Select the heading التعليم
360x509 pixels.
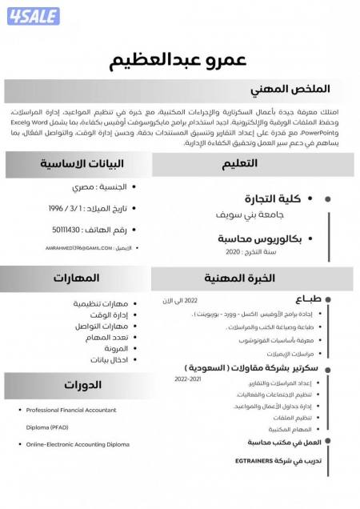[239, 164]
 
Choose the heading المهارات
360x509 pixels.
[77, 278]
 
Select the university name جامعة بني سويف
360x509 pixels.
[250, 215]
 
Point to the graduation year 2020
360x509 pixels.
[232, 252]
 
